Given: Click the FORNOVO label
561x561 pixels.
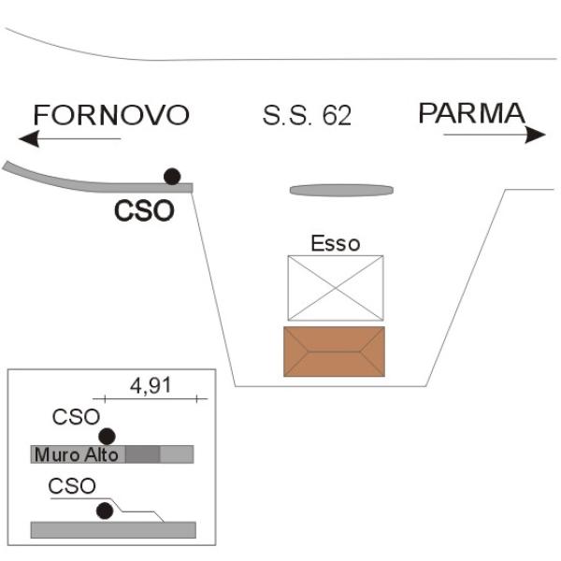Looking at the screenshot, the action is pyautogui.click(x=111, y=115).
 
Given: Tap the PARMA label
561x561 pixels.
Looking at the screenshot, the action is pyautogui.click(x=471, y=113).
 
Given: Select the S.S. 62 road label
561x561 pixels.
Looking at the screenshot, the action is pyautogui.click(x=307, y=115).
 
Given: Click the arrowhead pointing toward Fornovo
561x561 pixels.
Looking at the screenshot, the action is pyautogui.click(x=29, y=138).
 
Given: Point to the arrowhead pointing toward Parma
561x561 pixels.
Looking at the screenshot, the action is pyautogui.click(x=535, y=135).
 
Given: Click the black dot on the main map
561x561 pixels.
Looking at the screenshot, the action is pyautogui.click(x=172, y=177).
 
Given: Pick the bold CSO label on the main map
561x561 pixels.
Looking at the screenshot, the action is pyautogui.click(x=144, y=210).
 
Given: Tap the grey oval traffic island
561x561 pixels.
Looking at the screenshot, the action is pyautogui.click(x=341, y=190).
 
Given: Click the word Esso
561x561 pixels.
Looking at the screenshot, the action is pyautogui.click(x=336, y=243).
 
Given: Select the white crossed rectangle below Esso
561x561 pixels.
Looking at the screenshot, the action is pyautogui.click(x=336, y=288).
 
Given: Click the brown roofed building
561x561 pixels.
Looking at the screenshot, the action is pyautogui.click(x=334, y=352).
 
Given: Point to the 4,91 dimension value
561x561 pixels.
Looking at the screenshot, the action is pyautogui.click(x=151, y=385).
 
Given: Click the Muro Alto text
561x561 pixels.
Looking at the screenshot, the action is pyautogui.click(x=77, y=454).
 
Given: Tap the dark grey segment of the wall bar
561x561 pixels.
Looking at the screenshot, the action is pyautogui.click(x=143, y=454).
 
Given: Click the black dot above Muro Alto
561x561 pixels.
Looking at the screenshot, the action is pyautogui.click(x=107, y=437).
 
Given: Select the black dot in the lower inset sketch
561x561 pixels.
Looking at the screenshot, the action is pyautogui.click(x=105, y=511).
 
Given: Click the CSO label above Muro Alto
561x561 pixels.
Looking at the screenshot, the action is pyautogui.click(x=76, y=417).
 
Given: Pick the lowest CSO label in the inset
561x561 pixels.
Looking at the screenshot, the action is pyautogui.click(x=72, y=486).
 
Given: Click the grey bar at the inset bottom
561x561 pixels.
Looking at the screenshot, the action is pyautogui.click(x=113, y=530).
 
